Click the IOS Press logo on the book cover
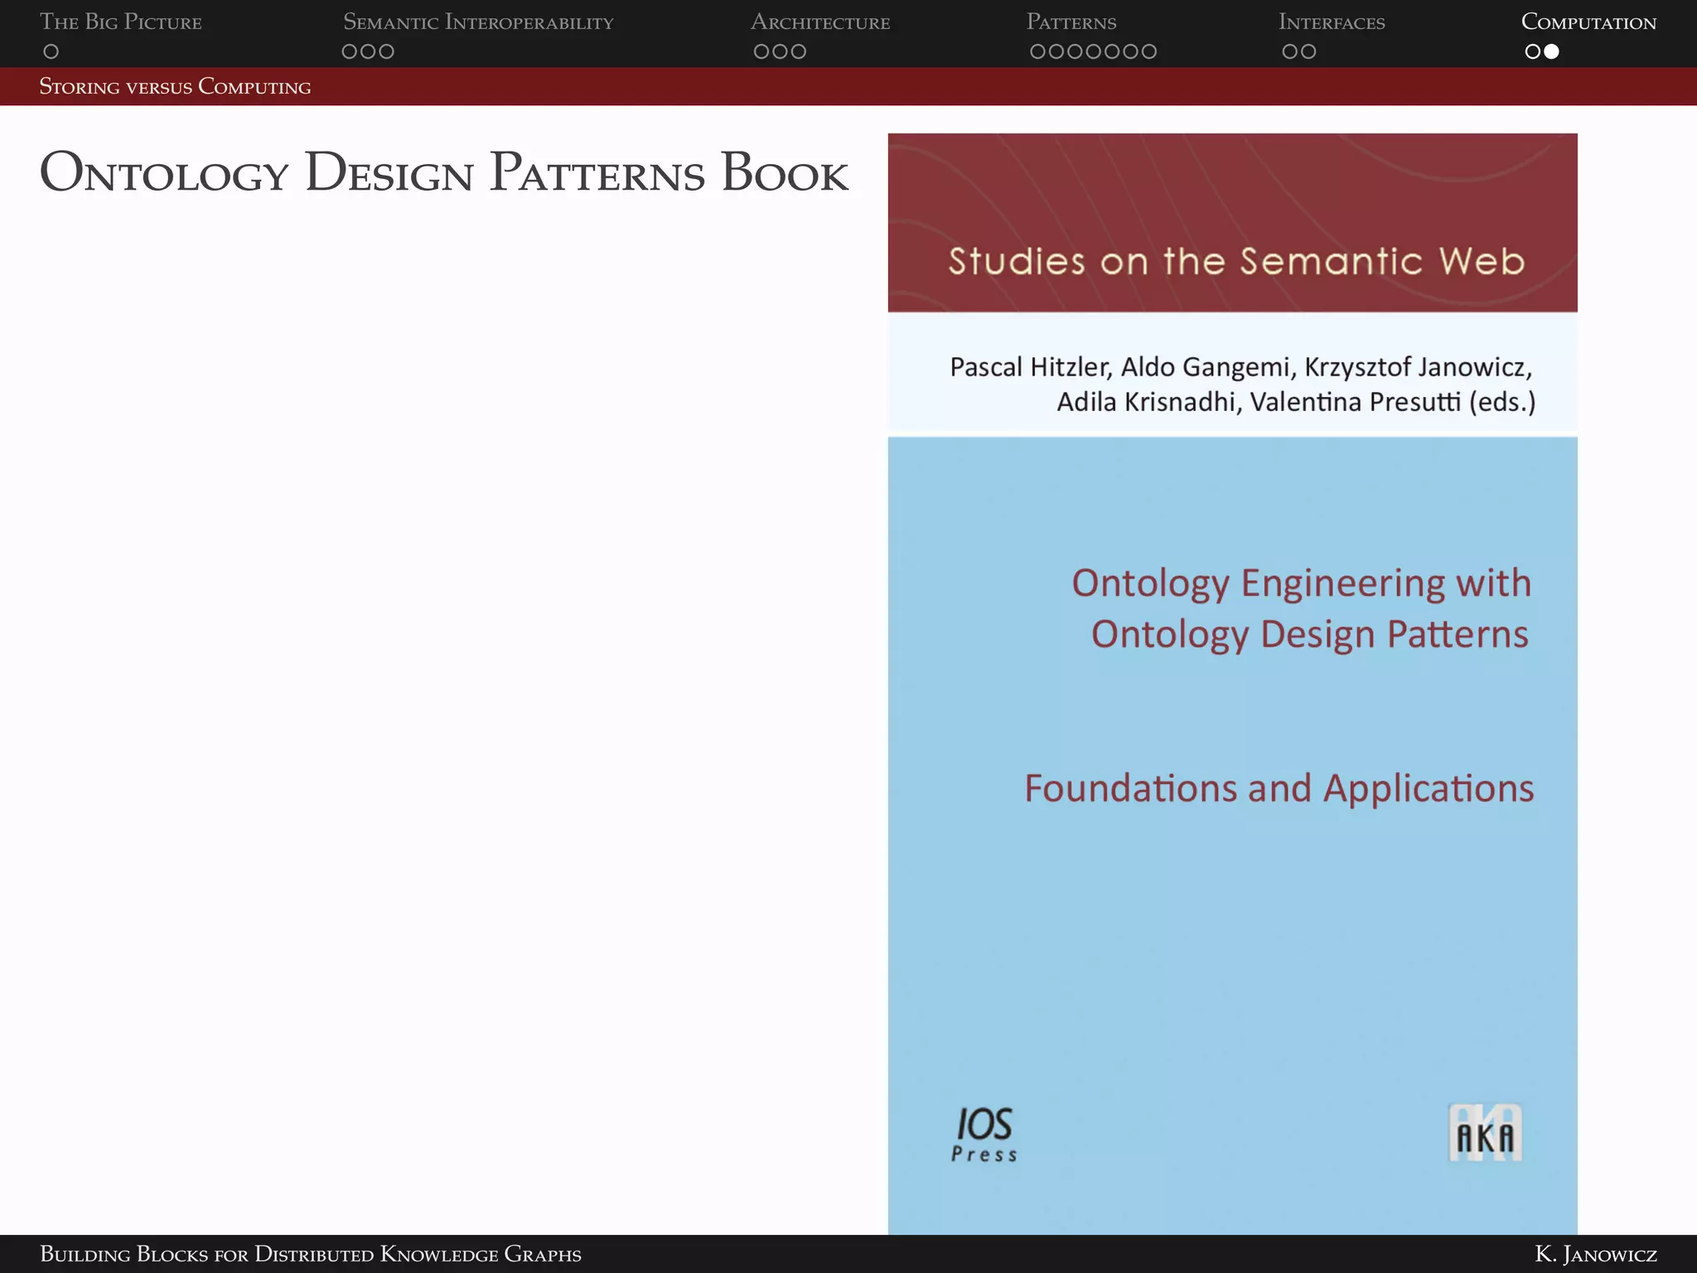coord(984,1135)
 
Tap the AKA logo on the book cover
coord(1484,1133)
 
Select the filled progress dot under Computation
coord(1552,51)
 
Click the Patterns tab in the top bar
coord(1071,22)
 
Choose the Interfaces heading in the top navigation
coord(1332,22)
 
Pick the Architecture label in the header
coord(820,22)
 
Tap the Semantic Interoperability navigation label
coord(478,22)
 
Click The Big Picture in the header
coord(121,22)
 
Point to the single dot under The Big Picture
coord(51,51)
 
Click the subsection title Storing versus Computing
coord(175,87)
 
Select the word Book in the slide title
coord(785,174)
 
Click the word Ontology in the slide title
coord(164,174)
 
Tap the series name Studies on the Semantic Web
coord(1235,261)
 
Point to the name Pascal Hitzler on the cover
coord(1030,366)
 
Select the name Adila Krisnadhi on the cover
coord(1147,402)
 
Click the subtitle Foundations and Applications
coord(1279,788)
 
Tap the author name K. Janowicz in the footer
coord(1595,1254)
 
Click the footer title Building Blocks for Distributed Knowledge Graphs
coord(311,1254)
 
